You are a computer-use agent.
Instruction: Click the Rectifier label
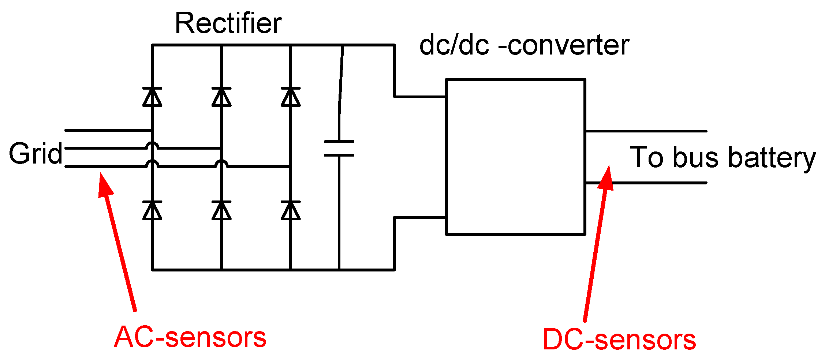(x=228, y=23)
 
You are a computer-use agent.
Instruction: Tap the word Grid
(x=36, y=154)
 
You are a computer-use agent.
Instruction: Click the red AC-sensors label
(x=190, y=337)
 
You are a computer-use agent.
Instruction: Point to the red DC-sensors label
(x=619, y=340)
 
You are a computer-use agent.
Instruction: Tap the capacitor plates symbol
(x=339, y=148)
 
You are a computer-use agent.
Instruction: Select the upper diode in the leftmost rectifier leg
(x=152, y=97)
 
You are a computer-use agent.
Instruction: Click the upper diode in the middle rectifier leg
(x=221, y=97)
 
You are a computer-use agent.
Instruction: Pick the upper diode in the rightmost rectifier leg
(x=291, y=97)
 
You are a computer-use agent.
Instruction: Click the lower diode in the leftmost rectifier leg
(x=152, y=210)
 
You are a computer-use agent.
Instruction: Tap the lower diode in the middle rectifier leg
(x=221, y=210)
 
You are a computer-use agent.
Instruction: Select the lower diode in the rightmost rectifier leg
(x=291, y=210)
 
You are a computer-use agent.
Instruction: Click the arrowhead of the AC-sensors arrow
(x=104, y=185)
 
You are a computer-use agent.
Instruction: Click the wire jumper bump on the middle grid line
(x=152, y=146)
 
